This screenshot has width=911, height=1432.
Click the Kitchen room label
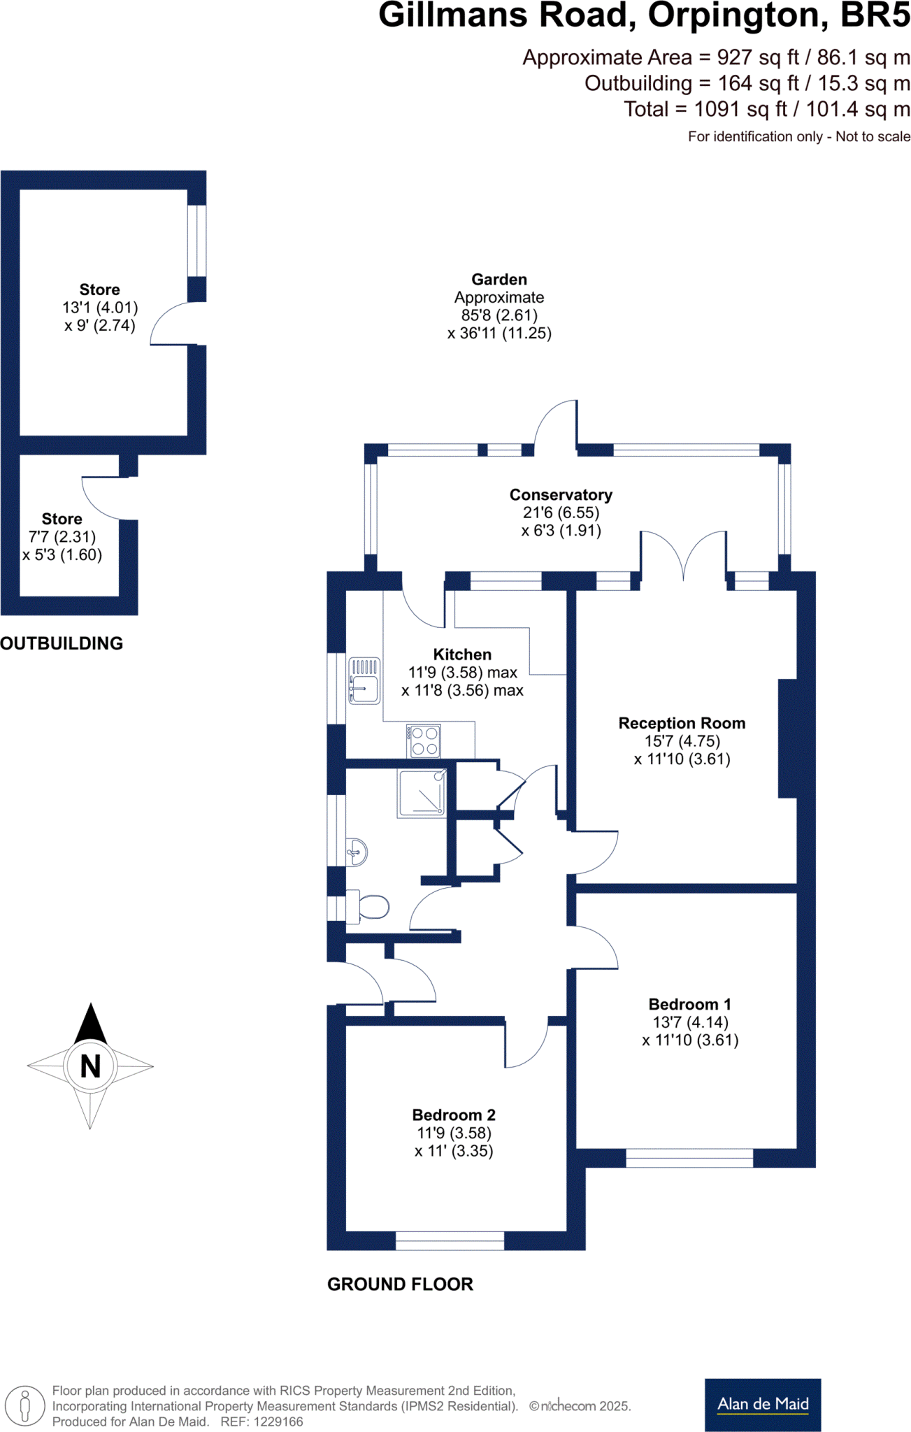[x=462, y=654]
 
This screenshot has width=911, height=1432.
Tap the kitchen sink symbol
[x=364, y=680]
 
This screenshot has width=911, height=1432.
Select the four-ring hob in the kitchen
[x=424, y=742]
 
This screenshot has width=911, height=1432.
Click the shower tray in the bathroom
[x=422, y=793]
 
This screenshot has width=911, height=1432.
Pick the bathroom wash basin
[x=357, y=852]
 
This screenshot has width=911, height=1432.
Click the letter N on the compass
[x=90, y=1066]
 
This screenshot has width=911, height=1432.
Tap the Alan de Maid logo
[x=762, y=1404]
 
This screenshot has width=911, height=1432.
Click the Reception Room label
[x=682, y=723]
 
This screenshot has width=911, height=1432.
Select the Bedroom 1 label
[x=689, y=1004]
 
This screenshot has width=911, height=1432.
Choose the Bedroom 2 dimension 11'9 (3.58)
[x=454, y=1133]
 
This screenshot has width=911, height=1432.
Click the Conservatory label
[x=561, y=495]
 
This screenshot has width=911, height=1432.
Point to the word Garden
[x=499, y=280]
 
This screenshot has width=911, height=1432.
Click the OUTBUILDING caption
[x=62, y=643]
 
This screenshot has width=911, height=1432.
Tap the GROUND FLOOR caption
[x=400, y=1284]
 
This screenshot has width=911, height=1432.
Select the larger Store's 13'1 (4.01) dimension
[x=100, y=308]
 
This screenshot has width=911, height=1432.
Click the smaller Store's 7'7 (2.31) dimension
[x=62, y=537]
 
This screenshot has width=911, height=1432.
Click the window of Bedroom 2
[x=450, y=1240]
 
